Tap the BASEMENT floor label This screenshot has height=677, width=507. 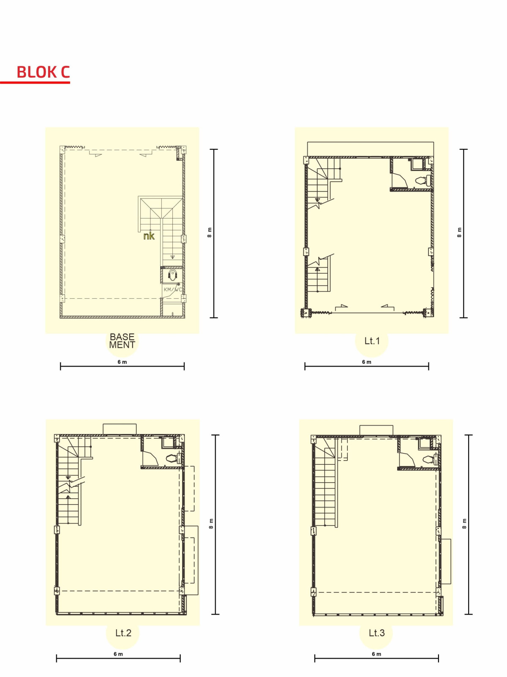tap(122, 341)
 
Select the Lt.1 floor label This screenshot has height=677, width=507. tap(372, 341)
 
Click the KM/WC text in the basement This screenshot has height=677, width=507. tap(173, 290)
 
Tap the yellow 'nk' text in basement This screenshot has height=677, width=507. tap(149, 236)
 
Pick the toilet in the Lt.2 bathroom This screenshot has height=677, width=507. tap(172, 459)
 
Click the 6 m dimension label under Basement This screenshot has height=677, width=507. tap(122, 362)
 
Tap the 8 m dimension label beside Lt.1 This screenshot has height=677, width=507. tap(459, 232)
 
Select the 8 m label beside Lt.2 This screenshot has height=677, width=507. tap(211, 524)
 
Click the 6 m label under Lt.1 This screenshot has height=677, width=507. tap(367, 362)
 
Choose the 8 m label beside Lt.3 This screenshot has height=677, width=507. tap(464, 524)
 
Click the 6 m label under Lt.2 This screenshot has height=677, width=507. tap(118, 654)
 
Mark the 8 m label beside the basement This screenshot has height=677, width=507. tap(210, 232)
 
